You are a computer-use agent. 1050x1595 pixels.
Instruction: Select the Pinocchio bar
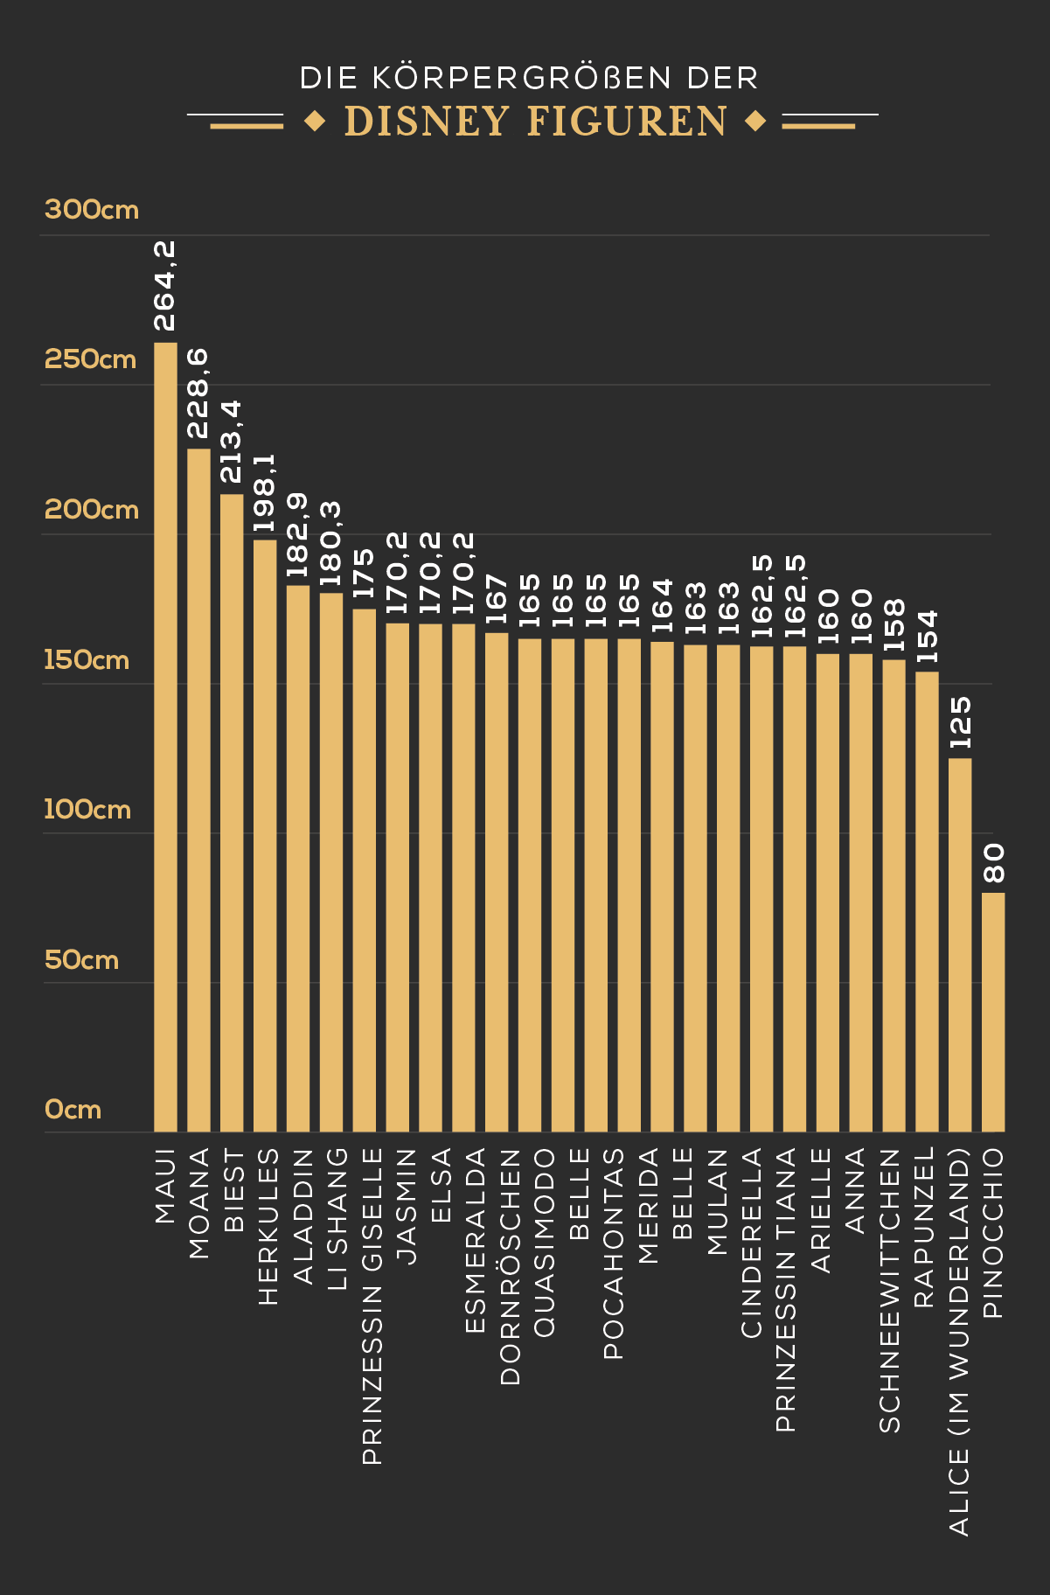click(x=993, y=1012)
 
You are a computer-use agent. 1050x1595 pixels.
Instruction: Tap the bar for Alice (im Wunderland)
click(x=960, y=944)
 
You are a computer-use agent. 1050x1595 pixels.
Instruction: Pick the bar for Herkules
click(x=265, y=835)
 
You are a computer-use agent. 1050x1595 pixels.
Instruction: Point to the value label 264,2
click(x=165, y=287)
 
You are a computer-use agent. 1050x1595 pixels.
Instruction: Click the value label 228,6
click(x=198, y=393)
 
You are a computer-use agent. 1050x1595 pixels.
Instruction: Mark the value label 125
click(x=960, y=722)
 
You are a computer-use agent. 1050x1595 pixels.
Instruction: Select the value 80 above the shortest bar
click(x=994, y=863)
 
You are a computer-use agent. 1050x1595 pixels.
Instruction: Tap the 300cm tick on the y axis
click(x=92, y=210)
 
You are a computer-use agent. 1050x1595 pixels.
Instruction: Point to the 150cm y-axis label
click(x=87, y=659)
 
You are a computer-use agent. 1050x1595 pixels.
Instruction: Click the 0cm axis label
click(x=73, y=1110)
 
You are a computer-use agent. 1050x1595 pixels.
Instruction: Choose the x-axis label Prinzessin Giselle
click(x=372, y=1306)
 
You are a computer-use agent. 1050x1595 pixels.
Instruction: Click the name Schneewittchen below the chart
click(x=889, y=1291)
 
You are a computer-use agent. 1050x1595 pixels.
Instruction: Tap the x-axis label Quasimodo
click(x=544, y=1243)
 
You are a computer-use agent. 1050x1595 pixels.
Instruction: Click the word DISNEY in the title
click(x=427, y=122)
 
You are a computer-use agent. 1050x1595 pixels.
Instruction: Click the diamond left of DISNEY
click(x=315, y=122)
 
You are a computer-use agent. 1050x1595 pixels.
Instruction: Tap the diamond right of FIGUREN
click(x=755, y=122)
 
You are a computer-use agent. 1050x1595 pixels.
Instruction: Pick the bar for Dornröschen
click(x=497, y=881)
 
